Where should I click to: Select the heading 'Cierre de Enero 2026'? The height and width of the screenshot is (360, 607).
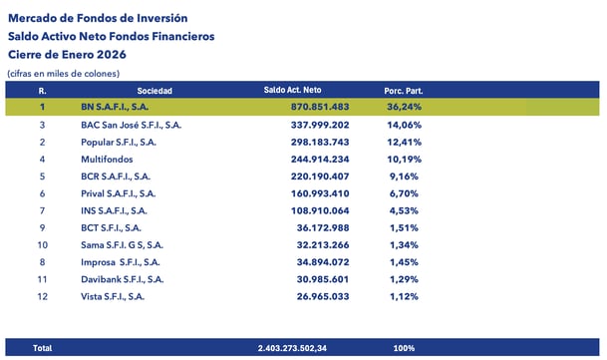click(x=72, y=55)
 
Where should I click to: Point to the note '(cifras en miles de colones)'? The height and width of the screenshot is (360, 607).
click(x=63, y=74)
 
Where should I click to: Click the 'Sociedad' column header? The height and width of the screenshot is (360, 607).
click(x=154, y=91)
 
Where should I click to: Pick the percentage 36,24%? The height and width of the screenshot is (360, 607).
click(x=406, y=107)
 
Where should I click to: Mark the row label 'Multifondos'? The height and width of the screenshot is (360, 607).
click(x=107, y=160)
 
